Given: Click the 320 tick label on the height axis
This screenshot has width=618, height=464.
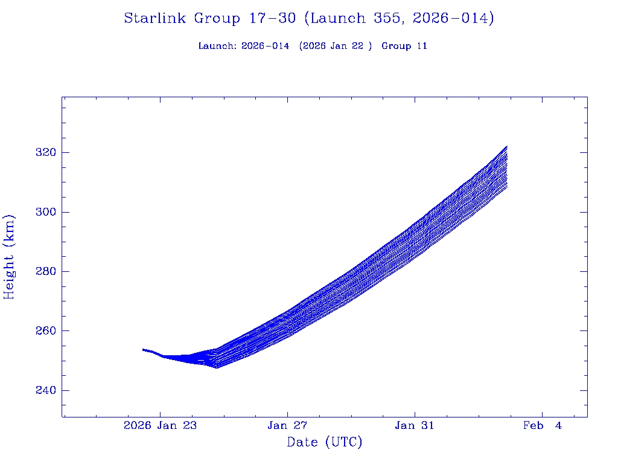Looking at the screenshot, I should pos(46,153).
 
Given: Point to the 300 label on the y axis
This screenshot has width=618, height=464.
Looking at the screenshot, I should pos(46,212).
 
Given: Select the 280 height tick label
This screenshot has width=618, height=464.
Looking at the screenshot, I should pos(46,272).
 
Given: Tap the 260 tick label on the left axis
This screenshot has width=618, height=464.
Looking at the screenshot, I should pos(46,331).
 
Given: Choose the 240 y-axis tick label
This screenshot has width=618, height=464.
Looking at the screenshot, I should pos(46,391).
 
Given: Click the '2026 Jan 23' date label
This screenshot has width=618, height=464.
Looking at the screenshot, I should pos(161,425).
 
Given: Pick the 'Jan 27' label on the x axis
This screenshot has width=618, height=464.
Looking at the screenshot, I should pos(287,425).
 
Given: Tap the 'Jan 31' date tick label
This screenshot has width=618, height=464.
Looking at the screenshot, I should pos(415,425).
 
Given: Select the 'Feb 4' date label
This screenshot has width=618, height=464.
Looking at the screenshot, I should pos(542,425).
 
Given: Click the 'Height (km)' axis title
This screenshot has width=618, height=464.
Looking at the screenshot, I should pos(10,257).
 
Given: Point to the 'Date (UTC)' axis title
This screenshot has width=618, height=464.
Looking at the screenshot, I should pos(325,442).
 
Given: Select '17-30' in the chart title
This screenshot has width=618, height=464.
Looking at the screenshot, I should pos(272,19).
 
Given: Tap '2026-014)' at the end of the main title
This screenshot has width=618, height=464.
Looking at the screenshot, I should pos(453,19).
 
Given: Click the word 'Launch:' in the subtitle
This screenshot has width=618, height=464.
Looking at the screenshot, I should pos(217,46).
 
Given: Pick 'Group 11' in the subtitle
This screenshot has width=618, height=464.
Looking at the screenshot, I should pos(404,46).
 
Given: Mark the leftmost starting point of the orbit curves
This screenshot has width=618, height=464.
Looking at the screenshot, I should pos(143,349).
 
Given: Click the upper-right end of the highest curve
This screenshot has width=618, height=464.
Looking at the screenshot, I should pos(506,146).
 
